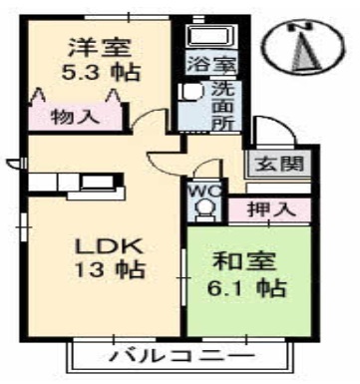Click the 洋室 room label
pos(100,49)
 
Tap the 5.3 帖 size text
pos(101,73)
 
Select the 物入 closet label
pos(75,117)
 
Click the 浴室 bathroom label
pos(211,64)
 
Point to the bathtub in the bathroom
pos(211,36)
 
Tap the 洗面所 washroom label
pos(223,106)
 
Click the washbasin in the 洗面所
pos(191,91)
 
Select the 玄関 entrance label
pos(279,164)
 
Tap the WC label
pos(204,192)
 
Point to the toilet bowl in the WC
pos(204,208)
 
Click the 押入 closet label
pos(271,209)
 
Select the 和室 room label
pos(244,261)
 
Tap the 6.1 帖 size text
pos(246,288)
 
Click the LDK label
pos(110,246)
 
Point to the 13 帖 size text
pos(110,269)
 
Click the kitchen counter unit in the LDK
pos(77,187)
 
